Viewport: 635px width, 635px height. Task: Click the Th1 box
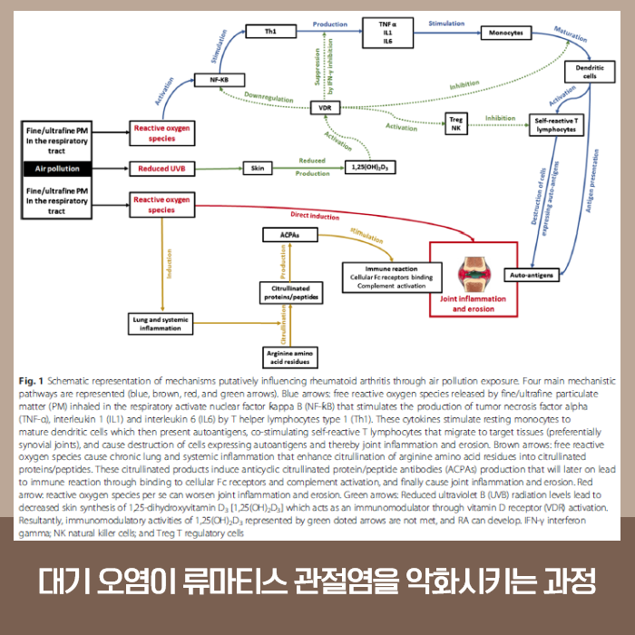tap(269, 31)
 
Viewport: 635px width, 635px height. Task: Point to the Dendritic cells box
tap(589, 72)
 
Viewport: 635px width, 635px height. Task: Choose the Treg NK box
tap(456, 122)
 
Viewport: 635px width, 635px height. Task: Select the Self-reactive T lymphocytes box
tap(555, 125)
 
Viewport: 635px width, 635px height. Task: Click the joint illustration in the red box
tap(474, 269)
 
